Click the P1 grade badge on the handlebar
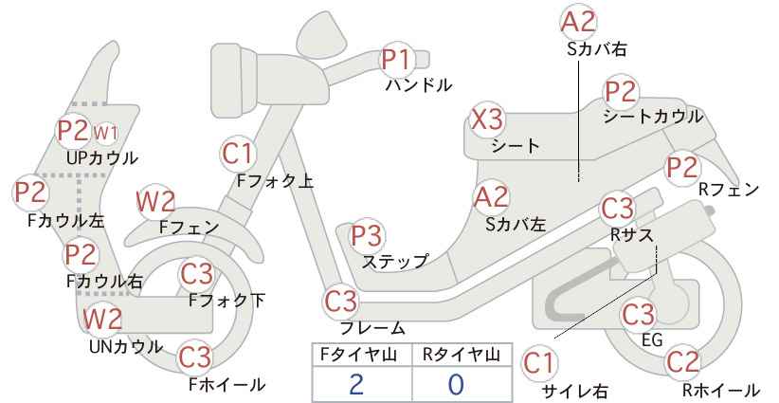[x=397, y=60]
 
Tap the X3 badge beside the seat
[x=487, y=119]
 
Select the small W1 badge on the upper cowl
[x=105, y=133]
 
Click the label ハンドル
[x=419, y=85]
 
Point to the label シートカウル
[x=653, y=117]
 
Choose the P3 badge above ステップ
[x=367, y=235]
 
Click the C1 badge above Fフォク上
[x=239, y=154]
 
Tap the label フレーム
[x=372, y=328]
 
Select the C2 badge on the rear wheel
[x=682, y=362]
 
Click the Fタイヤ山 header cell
[x=362, y=355]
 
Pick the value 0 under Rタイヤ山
[x=456, y=385]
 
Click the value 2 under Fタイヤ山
[x=356, y=385]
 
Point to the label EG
[x=652, y=339]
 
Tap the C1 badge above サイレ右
[x=539, y=363]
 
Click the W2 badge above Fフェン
[x=155, y=202]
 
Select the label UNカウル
[x=126, y=347]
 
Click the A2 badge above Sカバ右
[x=578, y=23]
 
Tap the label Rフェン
[x=729, y=190]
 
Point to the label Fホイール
[x=227, y=385]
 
